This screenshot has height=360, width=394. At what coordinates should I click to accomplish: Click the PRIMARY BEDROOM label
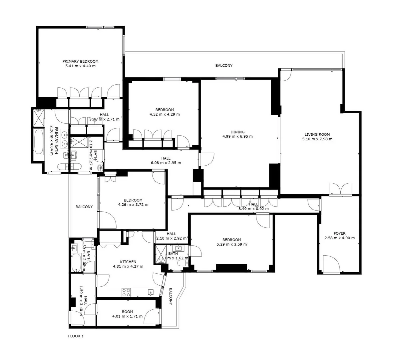pos(80,61)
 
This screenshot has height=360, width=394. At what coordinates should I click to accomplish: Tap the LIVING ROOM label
pos(317,134)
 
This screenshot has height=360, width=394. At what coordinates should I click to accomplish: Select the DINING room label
pos(237,132)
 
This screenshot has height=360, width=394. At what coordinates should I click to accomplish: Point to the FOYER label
pos(339,233)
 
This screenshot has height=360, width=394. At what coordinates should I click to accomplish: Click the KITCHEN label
pos(128,262)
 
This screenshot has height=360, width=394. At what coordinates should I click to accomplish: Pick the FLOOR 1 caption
pos(76,336)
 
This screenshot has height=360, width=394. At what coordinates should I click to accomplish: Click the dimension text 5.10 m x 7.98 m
pos(317,139)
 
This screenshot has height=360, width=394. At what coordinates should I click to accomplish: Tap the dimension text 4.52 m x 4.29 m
pos(165,114)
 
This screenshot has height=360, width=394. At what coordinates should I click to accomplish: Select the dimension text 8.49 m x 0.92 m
pos(253,209)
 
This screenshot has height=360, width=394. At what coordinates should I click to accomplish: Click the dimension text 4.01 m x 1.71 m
pos(128,316)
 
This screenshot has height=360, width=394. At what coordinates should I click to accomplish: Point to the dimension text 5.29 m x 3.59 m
pos(231,244)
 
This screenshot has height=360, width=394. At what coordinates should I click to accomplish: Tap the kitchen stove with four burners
pos(126,292)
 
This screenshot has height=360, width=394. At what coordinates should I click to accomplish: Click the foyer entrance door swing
pos(332,264)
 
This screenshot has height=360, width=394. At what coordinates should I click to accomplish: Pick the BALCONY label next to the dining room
pos(224,65)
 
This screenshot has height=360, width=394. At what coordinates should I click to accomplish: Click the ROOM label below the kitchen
pos(128,312)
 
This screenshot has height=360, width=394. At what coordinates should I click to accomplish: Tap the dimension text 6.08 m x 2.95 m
pos(166,163)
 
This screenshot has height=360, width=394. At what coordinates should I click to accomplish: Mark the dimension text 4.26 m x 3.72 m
pos(133,205)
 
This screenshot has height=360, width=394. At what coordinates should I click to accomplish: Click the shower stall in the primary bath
pos(38,118)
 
